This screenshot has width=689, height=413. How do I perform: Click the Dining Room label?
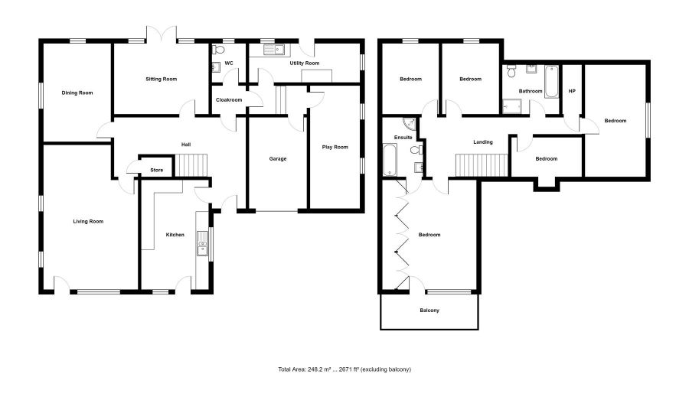(77, 93)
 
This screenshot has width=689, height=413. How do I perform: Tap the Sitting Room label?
(162, 80)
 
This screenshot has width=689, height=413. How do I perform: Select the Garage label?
(278, 159)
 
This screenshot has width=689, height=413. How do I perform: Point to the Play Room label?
(335, 148)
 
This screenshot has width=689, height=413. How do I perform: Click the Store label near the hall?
(157, 171)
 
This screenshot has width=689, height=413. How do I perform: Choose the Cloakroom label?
(229, 100)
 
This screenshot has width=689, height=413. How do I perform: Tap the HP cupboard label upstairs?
(572, 91)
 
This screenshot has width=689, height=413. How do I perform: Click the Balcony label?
(429, 311)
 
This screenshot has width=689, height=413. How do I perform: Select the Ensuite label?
(403, 138)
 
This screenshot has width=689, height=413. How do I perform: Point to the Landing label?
(483, 142)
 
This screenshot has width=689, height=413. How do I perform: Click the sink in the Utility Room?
(275, 50)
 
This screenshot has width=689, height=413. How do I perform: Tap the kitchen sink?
(202, 243)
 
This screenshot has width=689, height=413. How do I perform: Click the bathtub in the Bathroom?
(552, 82)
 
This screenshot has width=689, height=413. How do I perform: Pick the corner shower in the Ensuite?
(409, 124)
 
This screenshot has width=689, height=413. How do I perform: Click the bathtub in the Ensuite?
(390, 160)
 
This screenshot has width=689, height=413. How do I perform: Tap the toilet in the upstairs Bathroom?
(511, 71)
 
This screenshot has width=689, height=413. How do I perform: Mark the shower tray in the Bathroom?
(512, 106)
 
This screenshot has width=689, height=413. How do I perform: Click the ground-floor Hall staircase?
(191, 165)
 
